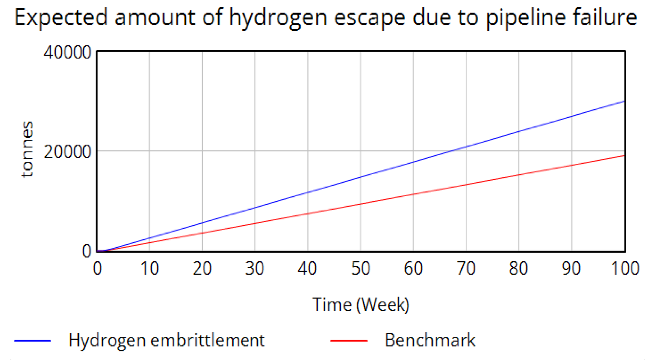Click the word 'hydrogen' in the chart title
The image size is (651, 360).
(x=278, y=18)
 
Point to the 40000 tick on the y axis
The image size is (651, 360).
(x=67, y=53)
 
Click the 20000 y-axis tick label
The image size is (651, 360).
(x=67, y=152)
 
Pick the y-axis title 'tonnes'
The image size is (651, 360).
(x=27, y=150)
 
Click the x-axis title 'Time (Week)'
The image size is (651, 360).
(x=360, y=305)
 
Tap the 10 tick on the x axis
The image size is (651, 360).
(x=150, y=269)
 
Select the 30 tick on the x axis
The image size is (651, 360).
(x=255, y=269)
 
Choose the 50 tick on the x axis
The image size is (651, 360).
(x=360, y=269)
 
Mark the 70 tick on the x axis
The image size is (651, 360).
(x=466, y=269)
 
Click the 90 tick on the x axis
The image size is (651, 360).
(x=571, y=269)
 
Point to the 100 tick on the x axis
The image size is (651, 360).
(x=625, y=269)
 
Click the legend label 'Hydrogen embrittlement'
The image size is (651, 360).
(x=166, y=340)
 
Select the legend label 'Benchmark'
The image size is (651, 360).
(x=430, y=340)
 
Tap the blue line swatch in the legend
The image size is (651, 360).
(x=33, y=340)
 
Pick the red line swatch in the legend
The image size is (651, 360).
(x=349, y=340)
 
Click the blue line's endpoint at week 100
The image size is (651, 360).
(x=624, y=101)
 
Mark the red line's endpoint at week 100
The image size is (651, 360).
(x=624, y=156)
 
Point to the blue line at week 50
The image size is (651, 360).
(x=360, y=177)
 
